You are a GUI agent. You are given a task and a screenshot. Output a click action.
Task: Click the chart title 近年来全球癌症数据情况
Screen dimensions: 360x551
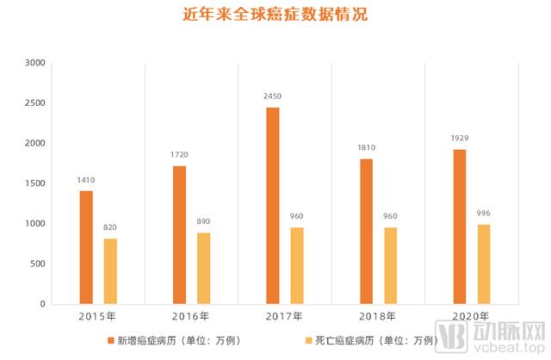(x=275, y=16)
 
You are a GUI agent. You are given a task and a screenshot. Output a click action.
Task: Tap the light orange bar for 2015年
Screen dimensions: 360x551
(x=110, y=271)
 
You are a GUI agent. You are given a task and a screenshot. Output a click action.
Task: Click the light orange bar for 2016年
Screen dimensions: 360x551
(x=203, y=268)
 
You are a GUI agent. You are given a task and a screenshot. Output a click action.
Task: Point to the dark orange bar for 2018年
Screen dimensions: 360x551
(x=366, y=231)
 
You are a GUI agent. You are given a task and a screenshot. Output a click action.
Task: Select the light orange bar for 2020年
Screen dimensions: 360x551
(x=484, y=264)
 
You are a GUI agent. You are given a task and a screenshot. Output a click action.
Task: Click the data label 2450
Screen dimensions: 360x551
(x=273, y=96)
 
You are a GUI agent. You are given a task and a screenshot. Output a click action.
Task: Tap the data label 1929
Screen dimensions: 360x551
(x=460, y=139)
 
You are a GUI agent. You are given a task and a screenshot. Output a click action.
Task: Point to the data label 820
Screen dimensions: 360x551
(x=110, y=227)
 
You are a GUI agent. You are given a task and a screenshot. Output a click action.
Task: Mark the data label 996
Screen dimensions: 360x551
(x=484, y=214)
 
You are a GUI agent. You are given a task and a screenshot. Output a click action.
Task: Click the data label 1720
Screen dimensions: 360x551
(x=179, y=155)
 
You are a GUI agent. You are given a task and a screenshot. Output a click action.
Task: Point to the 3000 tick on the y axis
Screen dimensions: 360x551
(x=35, y=63)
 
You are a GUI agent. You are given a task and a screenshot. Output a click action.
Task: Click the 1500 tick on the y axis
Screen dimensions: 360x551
(x=35, y=183)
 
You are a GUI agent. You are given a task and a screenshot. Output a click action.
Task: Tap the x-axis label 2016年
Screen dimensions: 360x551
(x=191, y=316)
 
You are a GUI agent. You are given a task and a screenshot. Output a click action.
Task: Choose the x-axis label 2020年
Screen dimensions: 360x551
(x=471, y=316)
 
